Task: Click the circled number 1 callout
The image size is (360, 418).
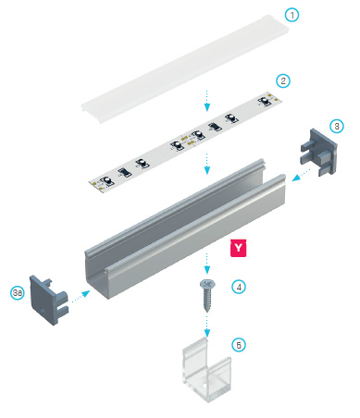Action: pyautogui.click(x=292, y=15)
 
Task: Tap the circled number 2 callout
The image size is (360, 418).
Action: pyautogui.click(x=283, y=80)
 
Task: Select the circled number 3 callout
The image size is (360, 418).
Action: pyautogui.click(x=337, y=126)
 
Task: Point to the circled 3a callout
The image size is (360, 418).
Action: pyautogui.click(x=18, y=292)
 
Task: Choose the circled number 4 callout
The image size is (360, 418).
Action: pyautogui.click(x=239, y=287)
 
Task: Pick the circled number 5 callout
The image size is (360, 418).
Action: pyautogui.click(x=239, y=345)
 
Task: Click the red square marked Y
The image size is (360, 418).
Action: pyautogui.click(x=239, y=248)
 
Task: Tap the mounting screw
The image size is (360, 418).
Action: pyautogui.click(x=207, y=295)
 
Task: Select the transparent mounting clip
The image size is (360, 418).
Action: pyautogui.click(x=206, y=369)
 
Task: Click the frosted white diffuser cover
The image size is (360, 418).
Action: pyautogui.click(x=185, y=69)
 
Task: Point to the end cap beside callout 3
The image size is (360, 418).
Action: pyautogui.click(x=318, y=152)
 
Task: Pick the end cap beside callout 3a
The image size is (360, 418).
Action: pyautogui.click(x=48, y=300)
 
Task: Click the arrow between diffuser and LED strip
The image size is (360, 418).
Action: pyautogui.click(x=207, y=101)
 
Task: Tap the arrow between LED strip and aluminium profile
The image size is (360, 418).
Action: pyautogui.click(x=207, y=164)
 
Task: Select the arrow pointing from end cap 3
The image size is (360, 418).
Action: pyautogui.click(x=301, y=175)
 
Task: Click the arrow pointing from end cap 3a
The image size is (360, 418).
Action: pyautogui.click(x=81, y=296)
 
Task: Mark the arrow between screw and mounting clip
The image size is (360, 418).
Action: pyautogui.click(x=207, y=326)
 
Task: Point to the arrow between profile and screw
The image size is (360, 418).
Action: pyautogui.click(x=207, y=264)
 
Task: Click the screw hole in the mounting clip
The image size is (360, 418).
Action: pyautogui.click(x=204, y=386)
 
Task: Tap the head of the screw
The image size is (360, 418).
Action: pyautogui.click(x=207, y=283)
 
